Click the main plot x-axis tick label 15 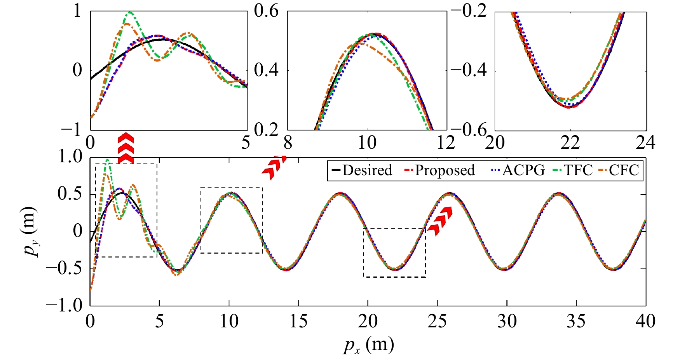click(x=298, y=322)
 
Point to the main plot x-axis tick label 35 click(x=576, y=322)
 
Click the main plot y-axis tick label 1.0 click(x=70, y=157)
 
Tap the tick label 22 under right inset click(x=570, y=143)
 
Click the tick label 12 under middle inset click(x=446, y=143)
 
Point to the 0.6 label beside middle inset click(x=266, y=11)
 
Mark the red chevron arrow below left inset click(x=126, y=148)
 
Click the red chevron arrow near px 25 click(x=441, y=221)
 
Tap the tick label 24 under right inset click(x=645, y=143)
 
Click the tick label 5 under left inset click(x=245, y=143)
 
